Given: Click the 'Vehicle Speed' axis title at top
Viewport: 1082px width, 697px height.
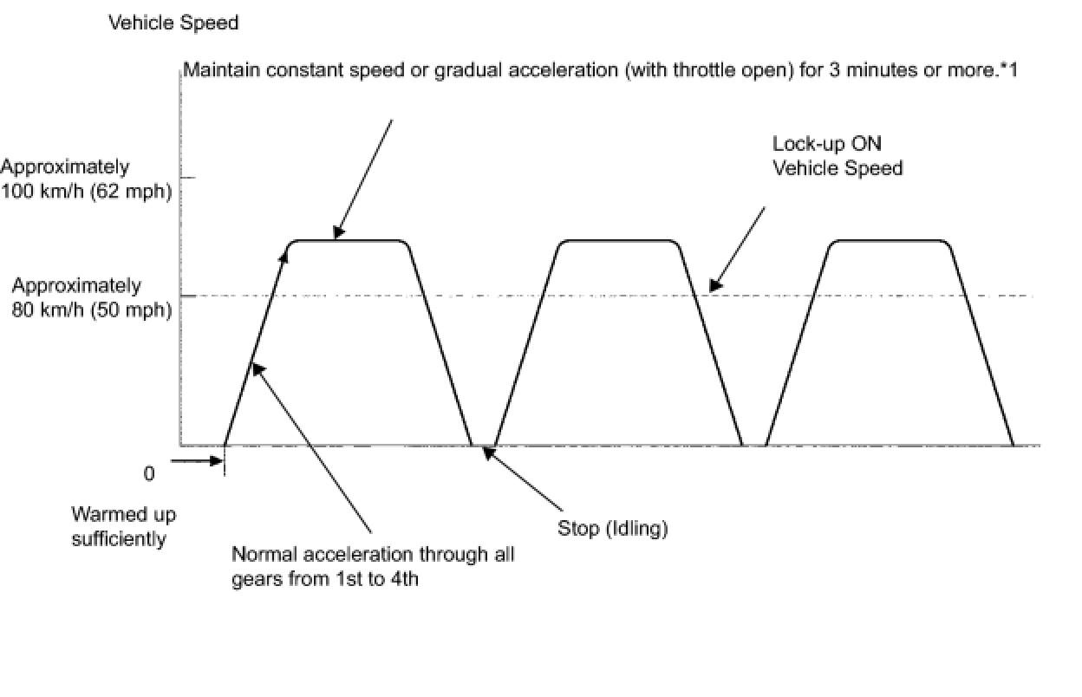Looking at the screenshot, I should [x=173, y=23].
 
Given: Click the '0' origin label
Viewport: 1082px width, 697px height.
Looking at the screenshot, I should [x=149, y=474].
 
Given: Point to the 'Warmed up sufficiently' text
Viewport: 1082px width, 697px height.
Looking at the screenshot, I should [x=123, y=526].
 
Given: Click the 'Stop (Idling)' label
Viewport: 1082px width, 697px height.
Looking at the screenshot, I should [x=613, y=528].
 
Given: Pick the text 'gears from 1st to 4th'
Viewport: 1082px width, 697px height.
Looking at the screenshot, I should [x=325, y=579].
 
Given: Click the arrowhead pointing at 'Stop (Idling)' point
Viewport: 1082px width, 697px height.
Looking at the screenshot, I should [x=488, y=451].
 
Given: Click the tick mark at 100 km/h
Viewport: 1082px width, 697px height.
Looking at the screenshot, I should [x=186, y=178].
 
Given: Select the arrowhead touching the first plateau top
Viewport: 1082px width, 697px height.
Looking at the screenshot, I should [x=338, y=232].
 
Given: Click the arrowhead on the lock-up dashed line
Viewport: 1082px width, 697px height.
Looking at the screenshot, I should [x=714, y=284].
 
